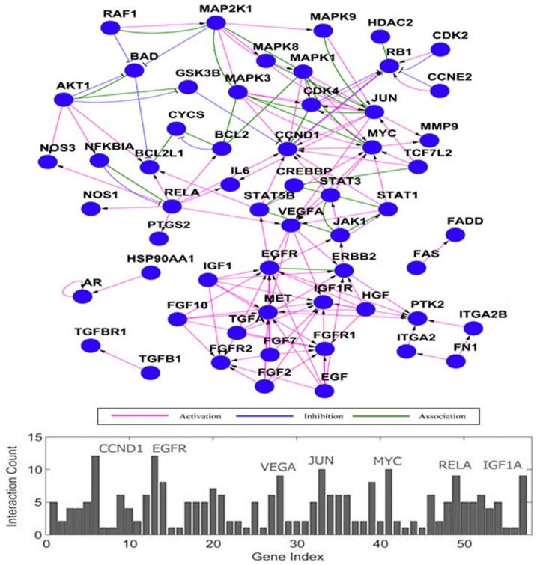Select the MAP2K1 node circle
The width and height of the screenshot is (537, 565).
pos(216,22)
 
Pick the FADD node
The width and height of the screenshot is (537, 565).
pos(455,236)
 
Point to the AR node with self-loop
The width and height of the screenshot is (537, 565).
pos(82,296)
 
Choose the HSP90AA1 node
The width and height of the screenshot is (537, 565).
pos(151,272)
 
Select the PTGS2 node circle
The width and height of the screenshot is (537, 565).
pos(158,239)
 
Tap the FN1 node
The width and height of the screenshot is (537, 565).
pos(455,361)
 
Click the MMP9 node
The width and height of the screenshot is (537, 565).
pos(429,140)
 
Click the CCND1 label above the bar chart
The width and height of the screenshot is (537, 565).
pos(120,449)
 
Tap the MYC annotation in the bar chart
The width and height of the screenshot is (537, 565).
pos(388,461)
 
